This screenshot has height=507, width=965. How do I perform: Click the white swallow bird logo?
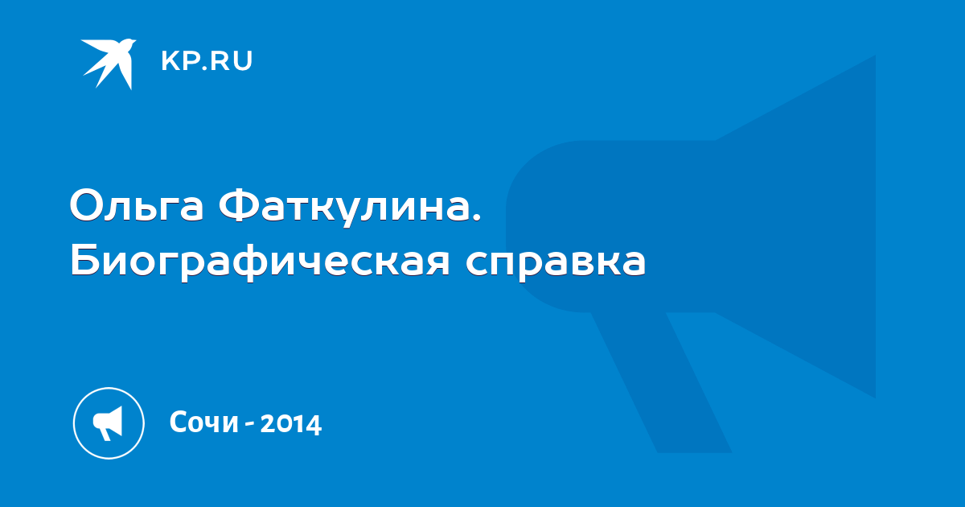pos(109,62)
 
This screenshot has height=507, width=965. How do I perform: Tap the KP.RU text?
pos(207,61)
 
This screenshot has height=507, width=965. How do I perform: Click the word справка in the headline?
pos(556,264)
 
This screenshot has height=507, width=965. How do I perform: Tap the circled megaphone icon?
pos(109,423)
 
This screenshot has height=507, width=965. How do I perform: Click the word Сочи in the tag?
pos(203,422)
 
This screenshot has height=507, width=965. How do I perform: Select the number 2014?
pos(291,423)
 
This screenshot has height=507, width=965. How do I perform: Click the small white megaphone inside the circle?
pos(108,423)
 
